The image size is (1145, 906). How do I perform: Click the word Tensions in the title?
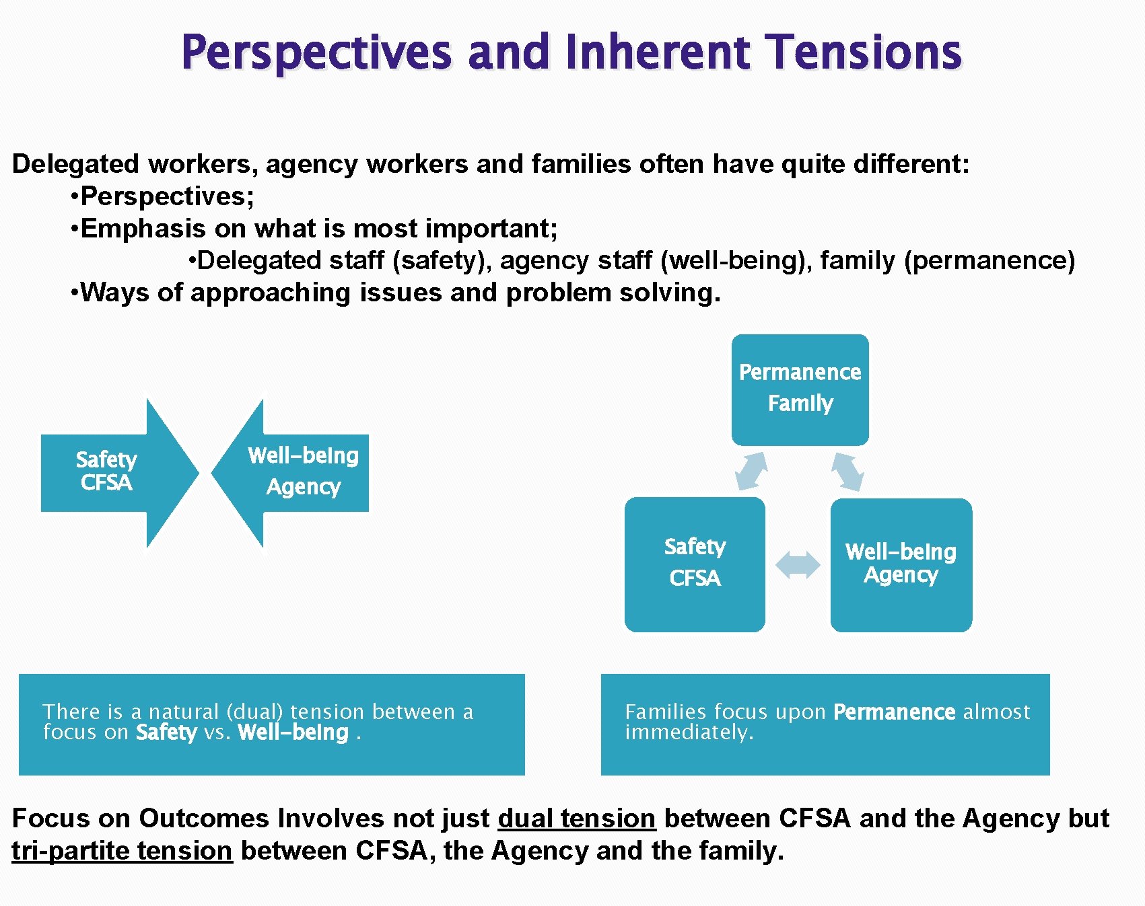865,52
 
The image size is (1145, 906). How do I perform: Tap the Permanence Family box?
800,389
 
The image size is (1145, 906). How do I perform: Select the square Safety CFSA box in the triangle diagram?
695,564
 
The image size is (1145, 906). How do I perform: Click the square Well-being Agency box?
901,564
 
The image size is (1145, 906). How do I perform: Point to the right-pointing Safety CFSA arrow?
118,472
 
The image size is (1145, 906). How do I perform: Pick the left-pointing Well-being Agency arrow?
293,472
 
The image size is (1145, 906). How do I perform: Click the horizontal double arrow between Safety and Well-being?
798,564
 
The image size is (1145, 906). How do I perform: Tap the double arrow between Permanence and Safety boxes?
751,471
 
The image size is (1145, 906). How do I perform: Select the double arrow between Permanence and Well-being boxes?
847,471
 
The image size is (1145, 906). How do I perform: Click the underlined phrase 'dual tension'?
576,818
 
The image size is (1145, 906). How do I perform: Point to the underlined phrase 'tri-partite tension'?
122,850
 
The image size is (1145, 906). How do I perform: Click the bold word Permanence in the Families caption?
894,712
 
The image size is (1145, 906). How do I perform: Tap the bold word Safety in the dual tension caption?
166,732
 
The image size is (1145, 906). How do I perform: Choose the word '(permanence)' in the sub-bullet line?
989,260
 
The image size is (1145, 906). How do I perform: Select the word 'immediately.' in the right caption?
689,732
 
